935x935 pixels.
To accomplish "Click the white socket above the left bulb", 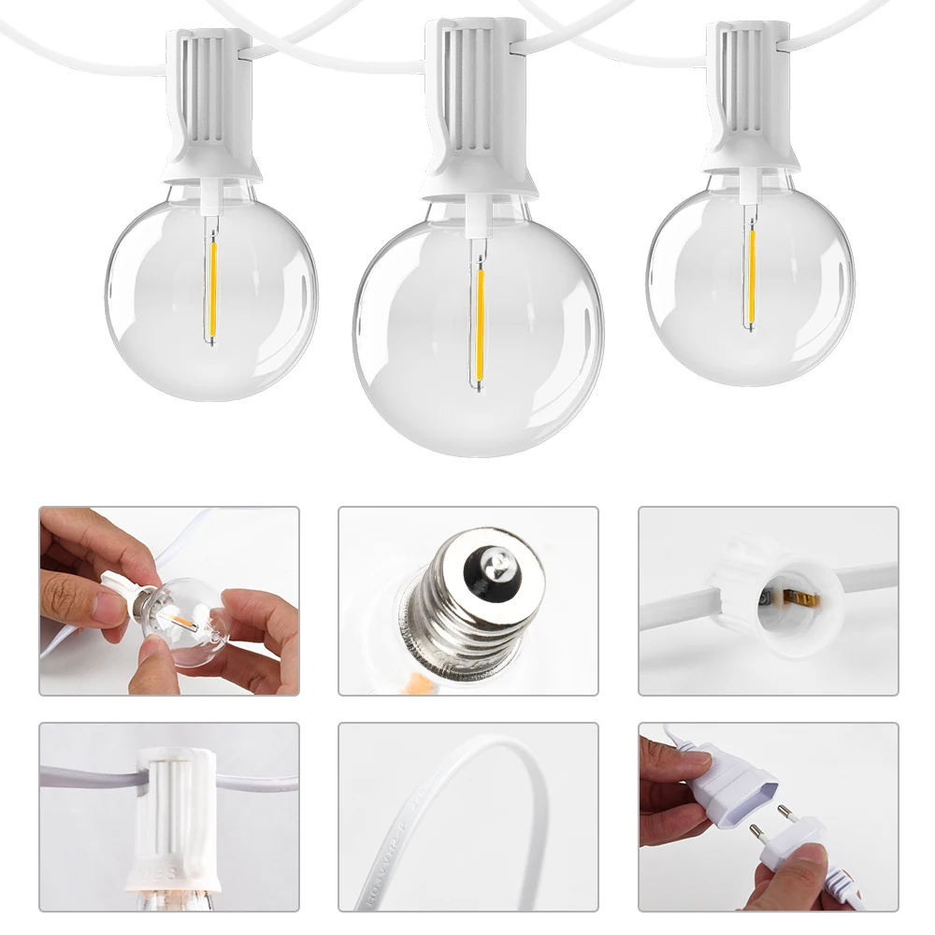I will (209, 103).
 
